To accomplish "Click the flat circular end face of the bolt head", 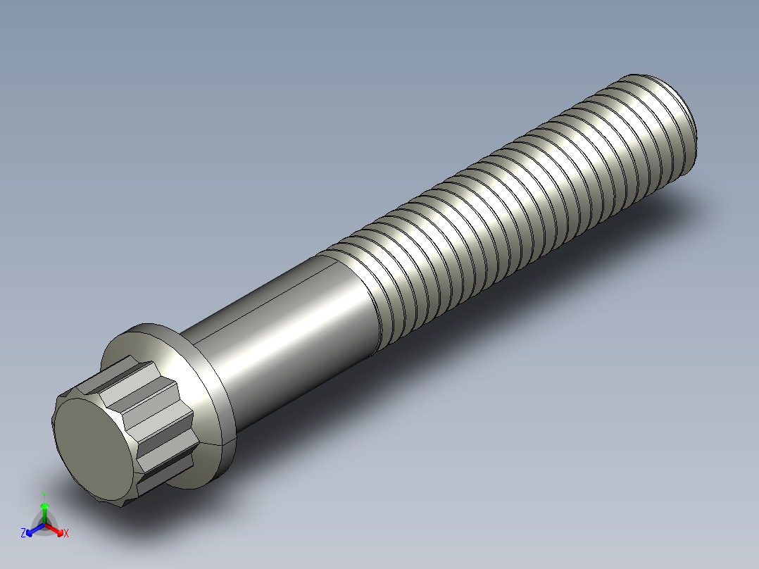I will coord(92,444).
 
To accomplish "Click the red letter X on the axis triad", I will coord(66,533).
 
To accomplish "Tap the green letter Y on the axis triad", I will coord(44,494).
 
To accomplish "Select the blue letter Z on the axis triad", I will coord(23,533).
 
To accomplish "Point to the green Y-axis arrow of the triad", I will coord(44,510).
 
